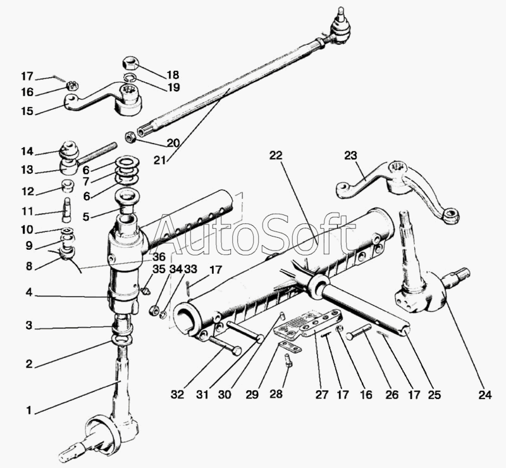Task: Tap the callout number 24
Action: (x=484, y=396)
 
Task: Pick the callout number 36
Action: (x=159, y=257)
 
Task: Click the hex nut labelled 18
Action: (x=128, y=64)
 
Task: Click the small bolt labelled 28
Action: (x=288, y=361)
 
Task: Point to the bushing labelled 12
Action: (x=67, y=187)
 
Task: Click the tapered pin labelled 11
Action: (x=67, y=206)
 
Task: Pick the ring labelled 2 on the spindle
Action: (x=121, y=340)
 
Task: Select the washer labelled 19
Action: (x=130, y=78)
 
